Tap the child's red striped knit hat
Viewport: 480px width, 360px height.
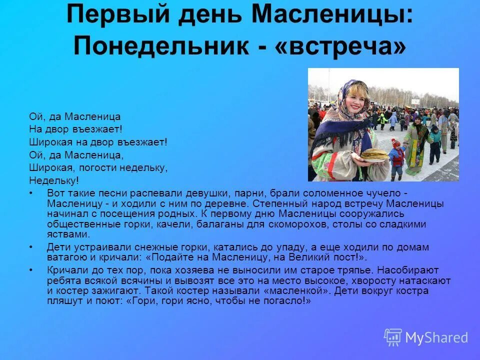[x=396, y=143]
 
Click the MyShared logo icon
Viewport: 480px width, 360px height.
[x=393, y=337]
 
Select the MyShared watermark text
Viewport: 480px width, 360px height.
[x=436, y=338]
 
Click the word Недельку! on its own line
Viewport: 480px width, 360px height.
[x=54, y=180]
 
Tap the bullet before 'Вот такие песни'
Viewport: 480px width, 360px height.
[x=31, y=192]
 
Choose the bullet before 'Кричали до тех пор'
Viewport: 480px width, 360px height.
[x=31, y=269]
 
